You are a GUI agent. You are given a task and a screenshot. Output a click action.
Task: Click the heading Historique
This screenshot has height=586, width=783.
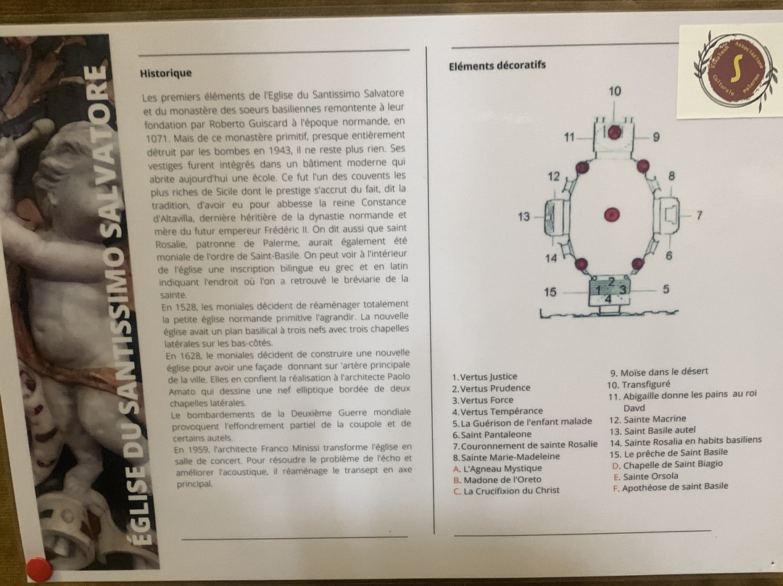coord(165,73)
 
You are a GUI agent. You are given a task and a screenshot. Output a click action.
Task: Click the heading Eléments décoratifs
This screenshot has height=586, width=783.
coord(497,65)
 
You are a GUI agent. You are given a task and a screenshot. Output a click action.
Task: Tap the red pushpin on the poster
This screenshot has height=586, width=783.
coord(38,569)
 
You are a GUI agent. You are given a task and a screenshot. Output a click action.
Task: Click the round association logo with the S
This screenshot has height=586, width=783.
coord(736,70)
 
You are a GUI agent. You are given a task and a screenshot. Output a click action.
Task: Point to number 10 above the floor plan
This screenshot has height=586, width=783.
coord(615,91)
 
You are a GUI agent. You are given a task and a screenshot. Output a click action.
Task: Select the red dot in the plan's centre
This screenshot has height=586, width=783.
coord(612,215)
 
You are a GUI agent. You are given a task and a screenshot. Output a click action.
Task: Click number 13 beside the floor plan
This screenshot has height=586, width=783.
coord(524,217)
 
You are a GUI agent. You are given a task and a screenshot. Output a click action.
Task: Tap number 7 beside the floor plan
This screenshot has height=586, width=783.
coord(699,215)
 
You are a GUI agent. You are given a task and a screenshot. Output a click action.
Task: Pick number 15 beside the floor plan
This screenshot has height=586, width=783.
coord(550,292)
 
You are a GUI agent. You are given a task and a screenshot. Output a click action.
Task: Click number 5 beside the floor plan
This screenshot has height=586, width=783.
coord(666,289)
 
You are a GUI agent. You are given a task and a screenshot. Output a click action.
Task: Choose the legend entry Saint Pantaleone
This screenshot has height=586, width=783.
coord(492,434)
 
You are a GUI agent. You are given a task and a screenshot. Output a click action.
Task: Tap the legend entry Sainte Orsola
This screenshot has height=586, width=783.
coord(646,476)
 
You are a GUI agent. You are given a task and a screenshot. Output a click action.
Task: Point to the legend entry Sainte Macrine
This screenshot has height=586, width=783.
coord(647,419)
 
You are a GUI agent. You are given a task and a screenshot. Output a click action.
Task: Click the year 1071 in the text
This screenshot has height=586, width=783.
coord(155,137)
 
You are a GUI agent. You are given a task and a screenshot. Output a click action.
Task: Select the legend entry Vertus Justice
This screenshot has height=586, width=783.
coord(484,376)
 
